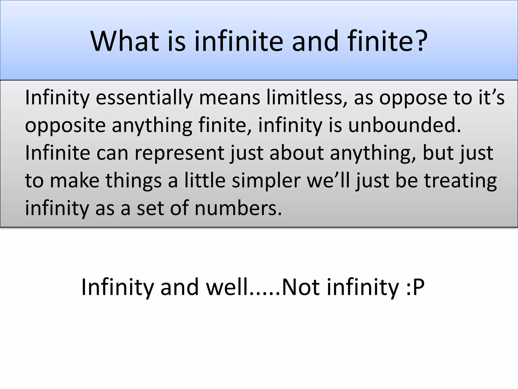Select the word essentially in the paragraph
[144, 98]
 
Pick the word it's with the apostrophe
[491, 98]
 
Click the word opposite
[65, 126]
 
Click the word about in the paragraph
[296, 153]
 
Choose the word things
[134, 181]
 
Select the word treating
[460, 181]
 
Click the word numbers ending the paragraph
[238, 209]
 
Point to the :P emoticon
[415, 287]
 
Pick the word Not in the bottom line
[301, 287]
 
